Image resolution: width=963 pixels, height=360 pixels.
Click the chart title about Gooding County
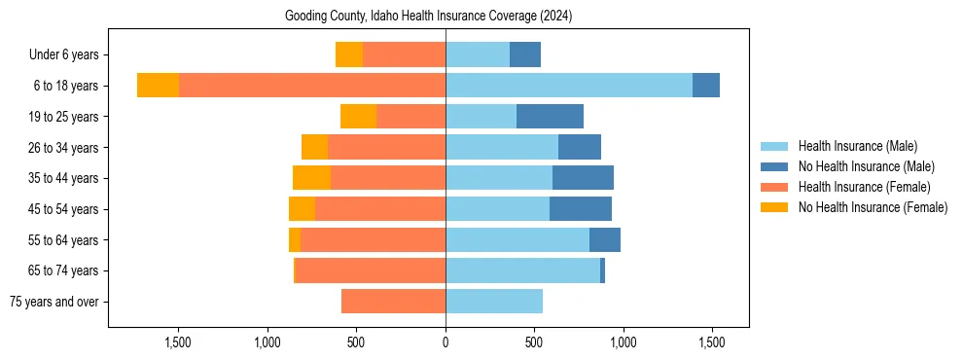click(x=429, y=17)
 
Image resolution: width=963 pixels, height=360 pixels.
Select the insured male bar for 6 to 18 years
click(x=569, y=86)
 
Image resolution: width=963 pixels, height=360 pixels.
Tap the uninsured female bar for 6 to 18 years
click(x=158, y=86)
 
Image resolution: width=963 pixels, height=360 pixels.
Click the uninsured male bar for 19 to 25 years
click(x=550, y=117)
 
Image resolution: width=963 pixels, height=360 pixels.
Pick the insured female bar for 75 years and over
click(x=393, y=302)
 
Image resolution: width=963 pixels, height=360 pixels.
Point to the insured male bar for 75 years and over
click(x=494, y=302)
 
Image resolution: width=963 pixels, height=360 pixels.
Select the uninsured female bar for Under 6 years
click(x=349, y=54)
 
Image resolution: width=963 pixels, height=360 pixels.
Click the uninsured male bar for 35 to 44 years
click(x=583, y=178)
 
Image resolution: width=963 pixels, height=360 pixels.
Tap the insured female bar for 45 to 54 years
click(x=380, y=209)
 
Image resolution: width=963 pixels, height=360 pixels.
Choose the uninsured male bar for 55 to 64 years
click(x=605, y=240)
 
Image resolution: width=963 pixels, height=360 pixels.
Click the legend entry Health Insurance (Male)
click(x=857, y=146)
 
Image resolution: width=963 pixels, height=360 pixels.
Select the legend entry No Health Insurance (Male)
click(x=866, y=166)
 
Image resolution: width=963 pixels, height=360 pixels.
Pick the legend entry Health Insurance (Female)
click(x=864, y=187)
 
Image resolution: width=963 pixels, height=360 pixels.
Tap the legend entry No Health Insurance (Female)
click(x=873, y=207)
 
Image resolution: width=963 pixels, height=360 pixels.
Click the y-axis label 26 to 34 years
click(x=64, y=148)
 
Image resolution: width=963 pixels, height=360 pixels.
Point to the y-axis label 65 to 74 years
click(x=64, y=270)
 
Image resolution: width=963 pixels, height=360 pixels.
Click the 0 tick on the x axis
click(x=446, y=342)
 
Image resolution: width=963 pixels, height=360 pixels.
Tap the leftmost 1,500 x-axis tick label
click(x=179, y=342)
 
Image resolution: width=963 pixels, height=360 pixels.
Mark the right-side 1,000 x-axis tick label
click(x=623, y=342)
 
